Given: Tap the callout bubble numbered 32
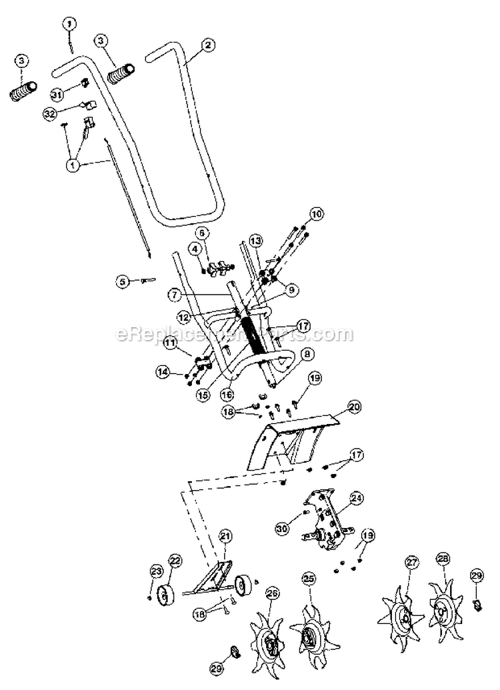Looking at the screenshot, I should (x=49, y=114).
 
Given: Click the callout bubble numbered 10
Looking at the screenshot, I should (x=316, y=214).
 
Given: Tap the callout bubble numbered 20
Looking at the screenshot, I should (x=355, y=405).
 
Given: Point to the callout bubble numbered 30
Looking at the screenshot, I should (x=283, y=529).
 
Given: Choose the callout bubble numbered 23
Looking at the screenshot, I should (x=156, y=571).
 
